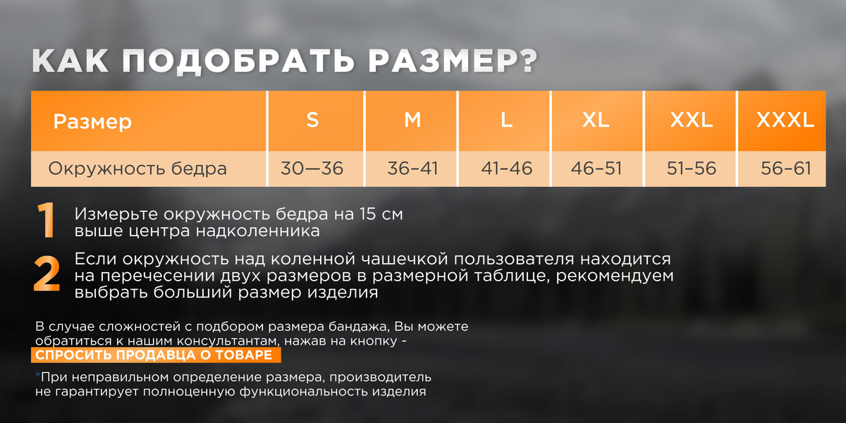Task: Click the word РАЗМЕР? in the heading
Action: tap(453, 61)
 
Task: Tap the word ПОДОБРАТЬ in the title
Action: tap(238, 61)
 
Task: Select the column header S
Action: tap(312, 120)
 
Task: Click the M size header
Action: tap(412, 120)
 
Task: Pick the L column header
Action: tap(506, 120)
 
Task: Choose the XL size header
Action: tap(596, 120)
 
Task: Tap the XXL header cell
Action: tap(691, 120)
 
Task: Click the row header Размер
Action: tap(92, 121)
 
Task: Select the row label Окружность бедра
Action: tap(137, 168)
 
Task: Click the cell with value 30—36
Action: tap(312, 168)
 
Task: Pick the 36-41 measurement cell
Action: tap(412, 168)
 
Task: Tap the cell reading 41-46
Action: tap(506, 168)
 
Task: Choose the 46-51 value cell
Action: tap(596, 168)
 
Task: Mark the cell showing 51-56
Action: tap(691, 168)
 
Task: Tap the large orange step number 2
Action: tap(47, 274)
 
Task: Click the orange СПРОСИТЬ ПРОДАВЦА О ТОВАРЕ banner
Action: tap(156, 355)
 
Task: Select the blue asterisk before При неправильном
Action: tap(38, 374)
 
